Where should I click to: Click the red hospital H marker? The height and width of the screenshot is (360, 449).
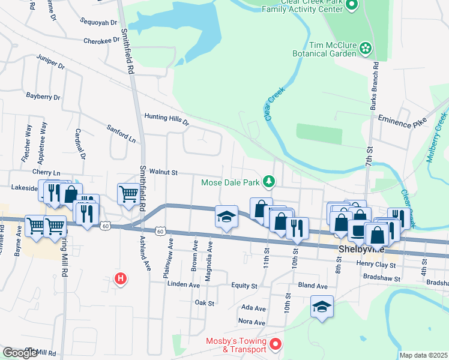(x=121, y=278)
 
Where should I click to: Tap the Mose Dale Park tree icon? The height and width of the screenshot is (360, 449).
(x=270, y=181)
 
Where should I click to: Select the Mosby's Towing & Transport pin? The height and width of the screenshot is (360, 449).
(x=276, y=344)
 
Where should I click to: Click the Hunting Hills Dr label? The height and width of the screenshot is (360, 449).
(x=166, y=119)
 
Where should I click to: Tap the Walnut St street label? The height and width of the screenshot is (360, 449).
(x=164, y=172)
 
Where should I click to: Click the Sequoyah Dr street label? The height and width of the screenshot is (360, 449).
(x=98, y=22)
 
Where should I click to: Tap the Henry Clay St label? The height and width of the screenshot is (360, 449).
(x=376, y=265)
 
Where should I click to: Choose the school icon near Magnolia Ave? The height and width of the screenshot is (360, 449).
(x=226, y=217)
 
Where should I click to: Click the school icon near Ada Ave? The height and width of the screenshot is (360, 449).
(x=322, y=307)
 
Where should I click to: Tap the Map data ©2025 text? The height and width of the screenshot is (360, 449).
(x=423, y=355)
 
